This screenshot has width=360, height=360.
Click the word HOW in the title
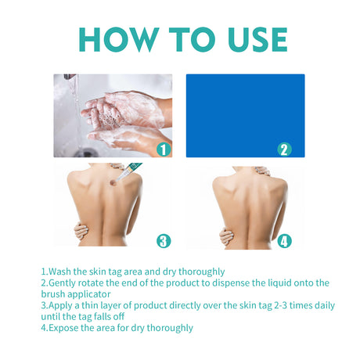click(119, 39)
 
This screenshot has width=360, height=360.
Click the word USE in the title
click(257, 39)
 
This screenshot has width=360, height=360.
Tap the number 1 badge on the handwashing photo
click(164, 149)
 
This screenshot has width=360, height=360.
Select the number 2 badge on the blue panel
click(284, 149)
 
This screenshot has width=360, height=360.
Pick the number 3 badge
click(164, 241)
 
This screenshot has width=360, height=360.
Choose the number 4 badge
click(284, 241)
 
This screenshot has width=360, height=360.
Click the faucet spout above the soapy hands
click(70, 77)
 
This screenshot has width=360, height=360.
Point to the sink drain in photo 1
click(86, 153)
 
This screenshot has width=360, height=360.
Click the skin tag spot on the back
click(113, 183)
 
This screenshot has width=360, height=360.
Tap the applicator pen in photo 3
click(129, 171)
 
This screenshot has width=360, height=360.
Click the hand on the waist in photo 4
click(227, 236)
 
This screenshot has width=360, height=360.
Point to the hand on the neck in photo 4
click(261, 171)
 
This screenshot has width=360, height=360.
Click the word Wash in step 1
click(59, 272)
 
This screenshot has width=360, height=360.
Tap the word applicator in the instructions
click(89, 294)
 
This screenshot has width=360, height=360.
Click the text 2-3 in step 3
click(281, 305)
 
